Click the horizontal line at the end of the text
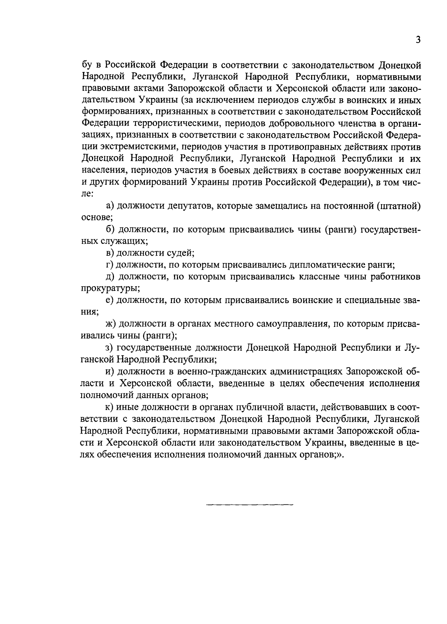coord(250,505)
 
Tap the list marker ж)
coord(111,324)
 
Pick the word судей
coord(180,253)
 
